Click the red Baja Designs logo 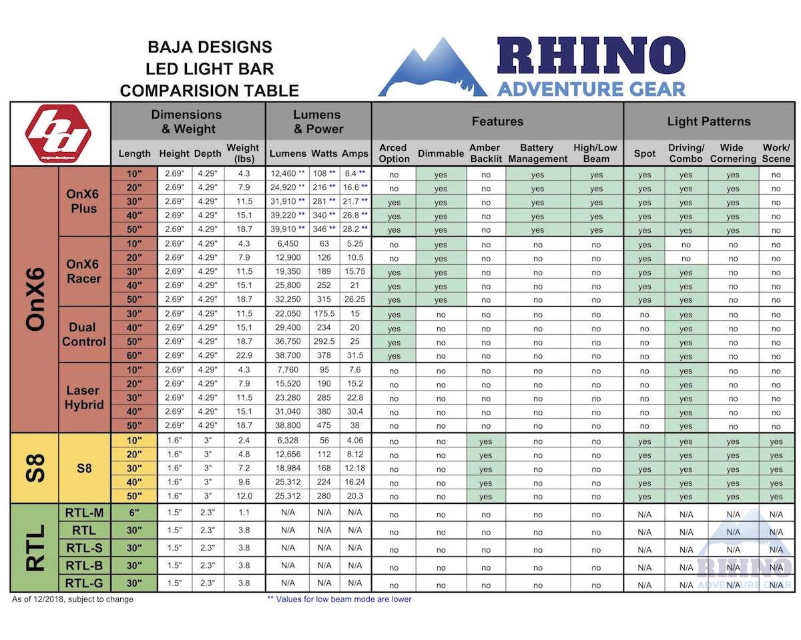tap(58, 134)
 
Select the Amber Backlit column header tap(485, 153)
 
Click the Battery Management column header tap(537, 153)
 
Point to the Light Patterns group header tap(709, 121)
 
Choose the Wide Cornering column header tap(732, 153)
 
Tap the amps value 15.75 tap(354, 272)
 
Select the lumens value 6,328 tap(288, 441)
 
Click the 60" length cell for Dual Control tap(134, 357)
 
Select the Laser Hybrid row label tap(83, 397)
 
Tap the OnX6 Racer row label tap(83, 271)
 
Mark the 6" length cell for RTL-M tap(134, 513)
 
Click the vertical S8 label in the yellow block tap(35, 468)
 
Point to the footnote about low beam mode tap(339, 599)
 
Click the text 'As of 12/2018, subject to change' tap(73, 599)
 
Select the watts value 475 tap(324, 426)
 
